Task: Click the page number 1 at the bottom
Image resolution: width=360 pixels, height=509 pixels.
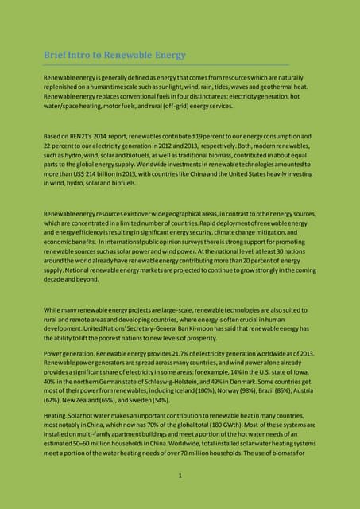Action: point(180,476)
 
